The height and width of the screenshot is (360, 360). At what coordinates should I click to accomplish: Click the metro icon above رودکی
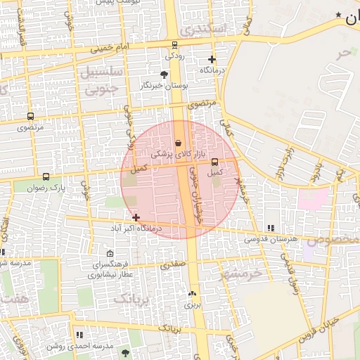174,45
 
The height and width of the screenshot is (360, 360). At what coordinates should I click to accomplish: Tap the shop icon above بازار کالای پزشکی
178,143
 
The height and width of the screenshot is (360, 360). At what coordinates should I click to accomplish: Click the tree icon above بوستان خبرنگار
165,74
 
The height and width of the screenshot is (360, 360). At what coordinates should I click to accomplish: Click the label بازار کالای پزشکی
178,154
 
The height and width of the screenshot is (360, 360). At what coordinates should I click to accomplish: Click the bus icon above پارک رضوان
46,177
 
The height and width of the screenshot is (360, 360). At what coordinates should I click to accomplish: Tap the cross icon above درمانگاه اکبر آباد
136,218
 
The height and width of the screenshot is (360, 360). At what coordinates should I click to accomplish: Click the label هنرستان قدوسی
271,239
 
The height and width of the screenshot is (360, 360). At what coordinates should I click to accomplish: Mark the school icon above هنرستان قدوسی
271,228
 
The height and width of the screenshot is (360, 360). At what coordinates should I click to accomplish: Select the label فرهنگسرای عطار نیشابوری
110,270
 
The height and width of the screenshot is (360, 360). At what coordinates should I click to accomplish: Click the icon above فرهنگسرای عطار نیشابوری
109,254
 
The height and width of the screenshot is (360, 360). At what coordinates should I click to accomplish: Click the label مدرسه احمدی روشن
79,346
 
